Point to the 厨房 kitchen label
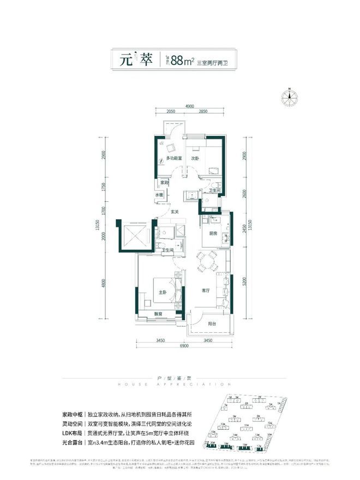coord(214,233)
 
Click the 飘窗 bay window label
coord(158,314)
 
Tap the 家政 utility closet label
coord(164,182)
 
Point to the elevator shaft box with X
coord(134,235)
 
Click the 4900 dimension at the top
coord(189,106)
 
